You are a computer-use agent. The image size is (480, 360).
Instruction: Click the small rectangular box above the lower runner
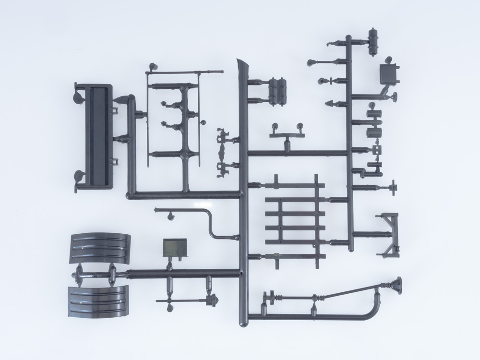174,247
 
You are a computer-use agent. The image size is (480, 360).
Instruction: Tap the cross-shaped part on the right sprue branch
393,187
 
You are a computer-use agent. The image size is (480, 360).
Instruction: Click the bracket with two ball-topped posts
287,132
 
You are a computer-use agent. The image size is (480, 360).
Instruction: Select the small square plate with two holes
376,150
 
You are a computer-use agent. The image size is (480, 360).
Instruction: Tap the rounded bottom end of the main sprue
244,319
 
